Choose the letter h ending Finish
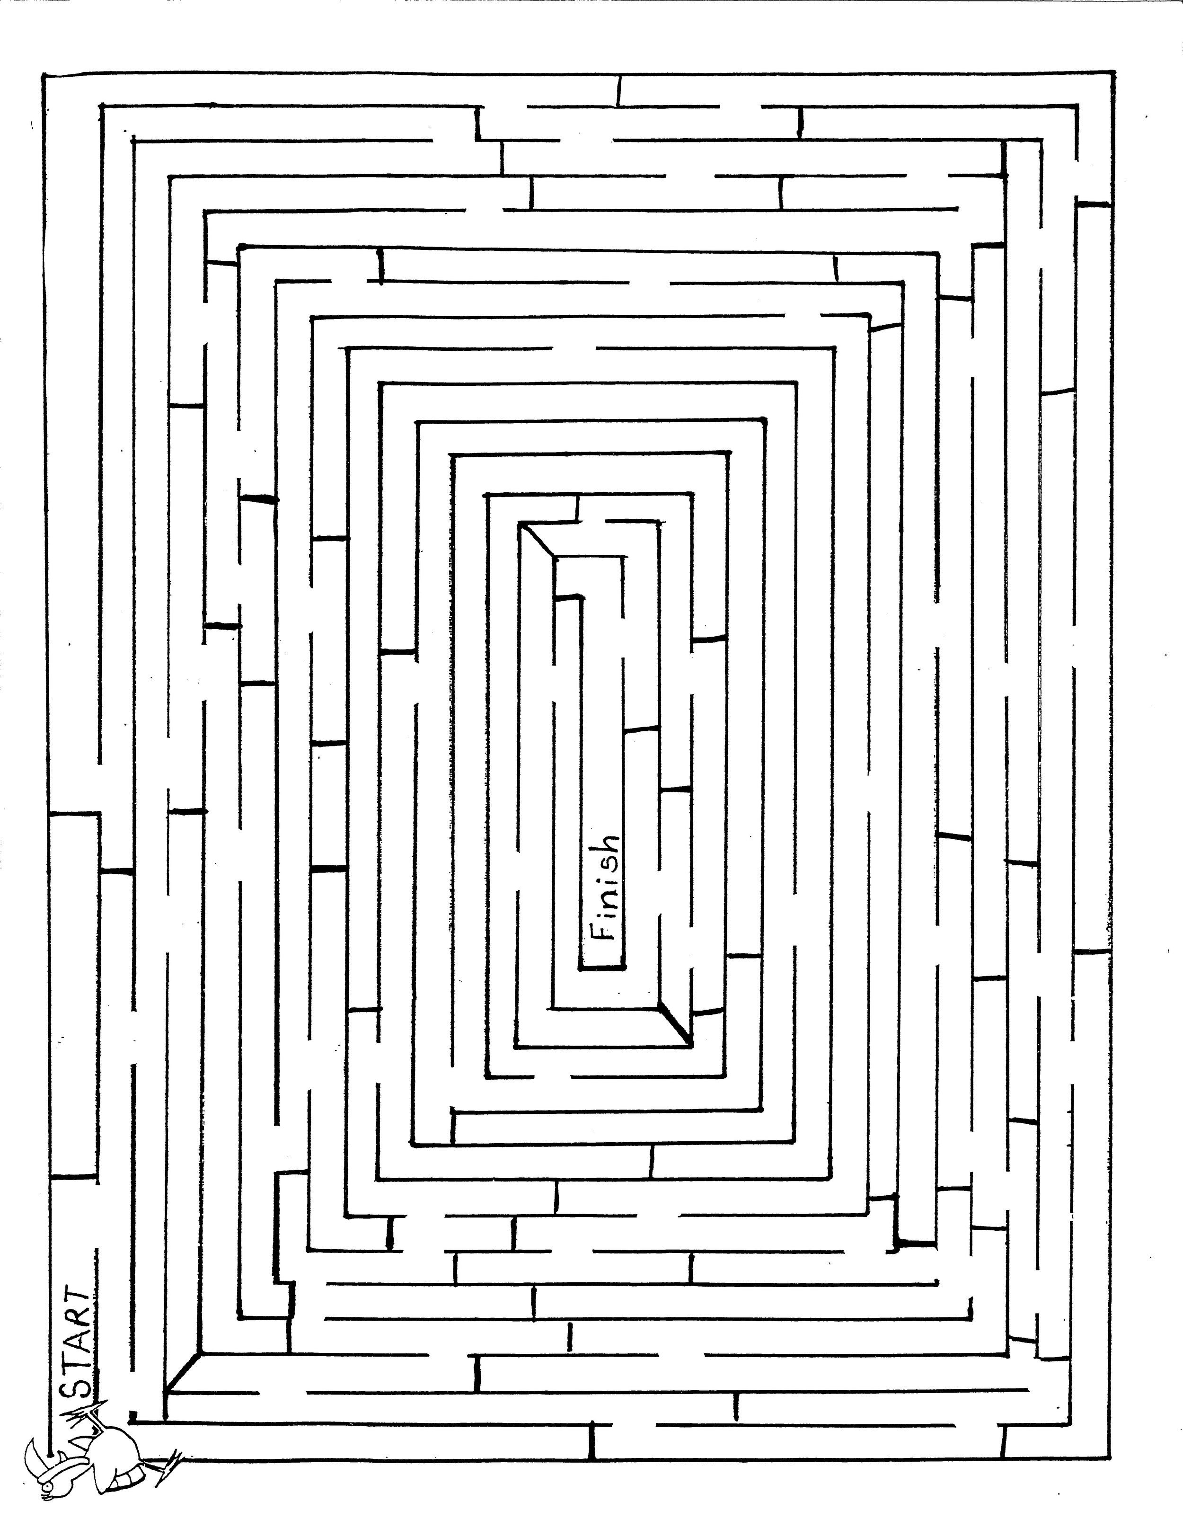click(x=606, y=846)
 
